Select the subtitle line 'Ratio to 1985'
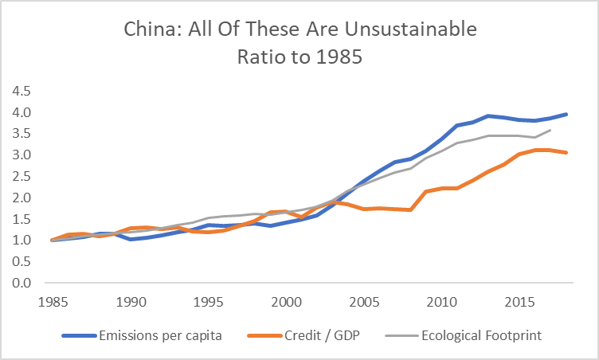pos(299,57)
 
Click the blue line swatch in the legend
pos(75,336)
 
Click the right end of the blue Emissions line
pos(566,114)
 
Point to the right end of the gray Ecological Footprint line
pos(550,130)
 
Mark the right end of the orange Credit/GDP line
pos(566,152)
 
